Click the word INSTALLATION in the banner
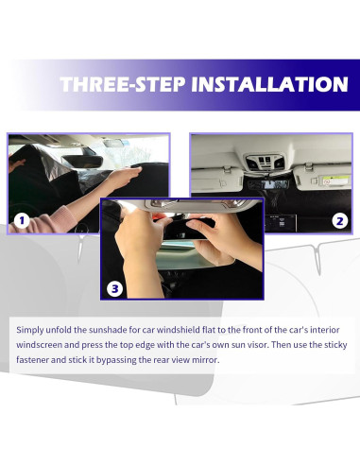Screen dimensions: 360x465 coord(269,84)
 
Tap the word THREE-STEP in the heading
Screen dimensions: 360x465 coord(123,84)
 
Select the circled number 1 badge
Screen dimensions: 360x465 coord(22,221)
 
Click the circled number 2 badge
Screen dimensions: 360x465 coord(340,221)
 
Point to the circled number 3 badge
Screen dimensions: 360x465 coord(115,288)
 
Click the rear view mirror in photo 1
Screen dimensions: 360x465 coord(83,162)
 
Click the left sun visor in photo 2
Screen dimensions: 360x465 coord(217,179)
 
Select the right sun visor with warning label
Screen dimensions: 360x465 coord(323,179)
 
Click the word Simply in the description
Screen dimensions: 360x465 coord(30,331)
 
